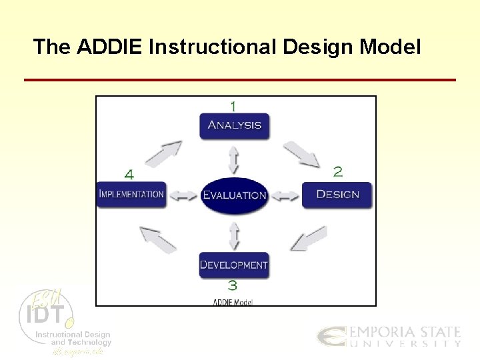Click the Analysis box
tap(234, 125)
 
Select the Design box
tap(337, 195)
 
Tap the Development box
tap(234, 265)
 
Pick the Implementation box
tap(131, 195)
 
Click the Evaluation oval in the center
tap(234, 195)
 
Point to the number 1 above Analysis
tap(233, 106)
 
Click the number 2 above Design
tap(338, 172)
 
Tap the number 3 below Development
tap(233, 286)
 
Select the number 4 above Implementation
tap(129, 175)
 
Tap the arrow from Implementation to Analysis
tap(163, 153)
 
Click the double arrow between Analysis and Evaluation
tap(234, 159)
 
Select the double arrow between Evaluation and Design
tap(286, 195)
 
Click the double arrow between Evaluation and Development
tap(234, 235)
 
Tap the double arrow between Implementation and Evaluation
tap(183, 195)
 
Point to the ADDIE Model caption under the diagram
tap(233, 302)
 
